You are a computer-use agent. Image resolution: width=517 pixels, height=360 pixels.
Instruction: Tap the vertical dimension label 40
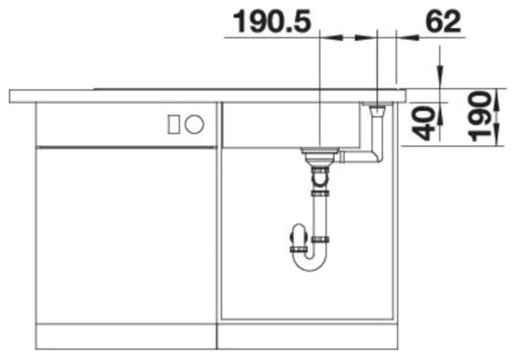coord(424,123)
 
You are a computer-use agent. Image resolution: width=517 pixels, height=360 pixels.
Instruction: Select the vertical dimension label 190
coord(480,117)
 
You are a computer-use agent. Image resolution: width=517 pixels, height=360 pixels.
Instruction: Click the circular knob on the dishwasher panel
coord(195,124)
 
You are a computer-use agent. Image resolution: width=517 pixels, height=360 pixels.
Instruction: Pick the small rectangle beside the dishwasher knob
coord(174,124)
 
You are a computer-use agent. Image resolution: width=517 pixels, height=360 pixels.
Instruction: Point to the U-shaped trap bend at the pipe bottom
coord(310,262)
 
